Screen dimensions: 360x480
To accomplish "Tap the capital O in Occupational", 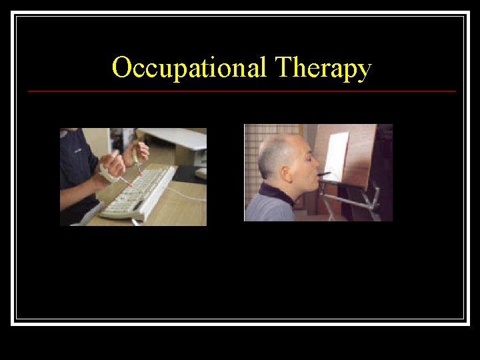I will (121, 67).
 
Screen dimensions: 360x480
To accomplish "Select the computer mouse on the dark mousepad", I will (201, 173).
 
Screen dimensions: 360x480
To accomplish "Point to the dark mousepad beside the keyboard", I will (190, 175).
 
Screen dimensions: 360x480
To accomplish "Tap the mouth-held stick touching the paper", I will (323, 174).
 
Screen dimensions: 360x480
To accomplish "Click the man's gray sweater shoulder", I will (267, 209).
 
